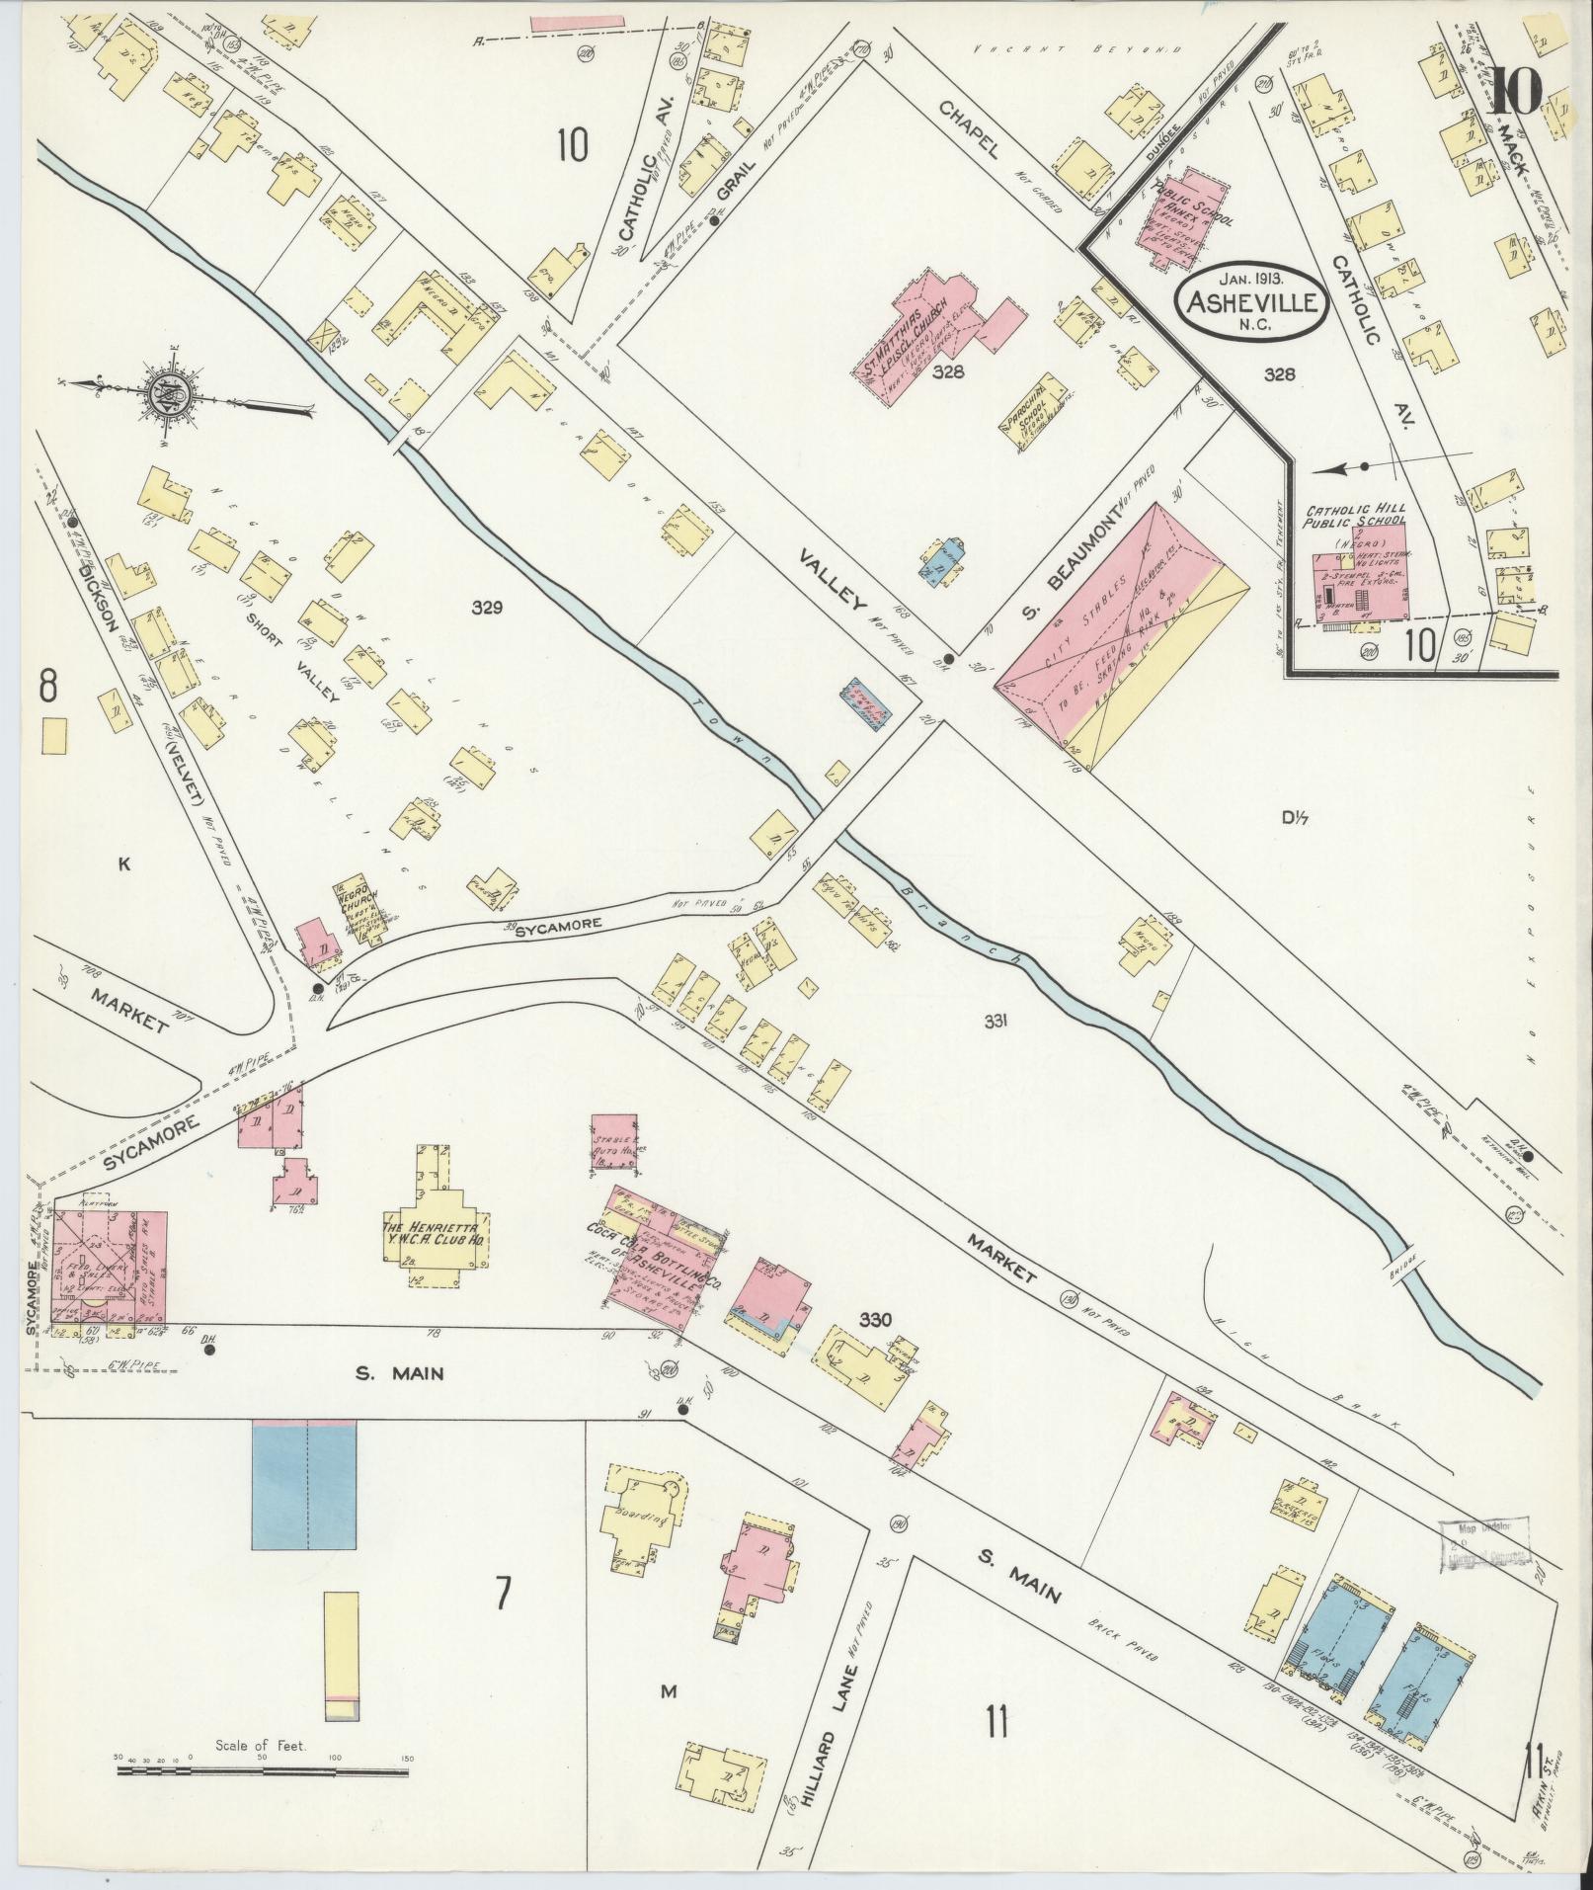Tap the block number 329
coord(487,608)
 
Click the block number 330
coord(875,1320)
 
